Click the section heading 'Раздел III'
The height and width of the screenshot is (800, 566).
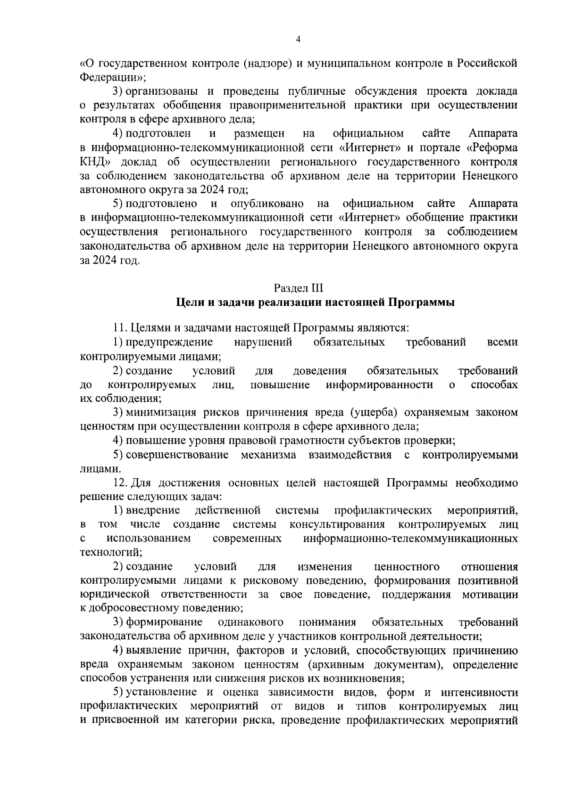pos(298,288)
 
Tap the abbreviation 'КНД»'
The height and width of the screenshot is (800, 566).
pos(95,162)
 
